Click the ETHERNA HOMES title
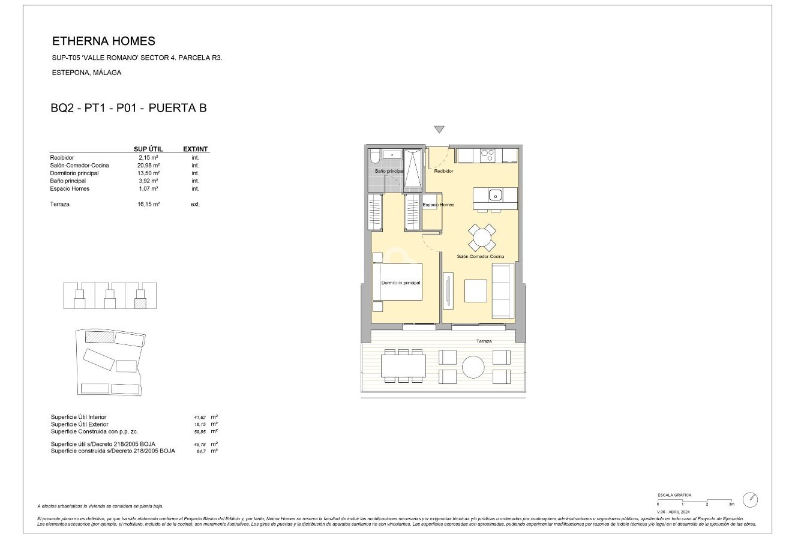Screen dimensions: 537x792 [x=104, y=41]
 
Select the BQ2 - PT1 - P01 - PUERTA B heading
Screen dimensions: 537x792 [x=129, y=109]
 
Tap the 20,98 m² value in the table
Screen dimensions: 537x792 [x=148, y=166]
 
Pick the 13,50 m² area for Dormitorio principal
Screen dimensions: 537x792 [x=148, y=173]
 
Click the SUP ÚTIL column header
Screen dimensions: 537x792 [x=148, y=149]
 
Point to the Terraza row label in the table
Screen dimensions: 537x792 [x=60, y=205]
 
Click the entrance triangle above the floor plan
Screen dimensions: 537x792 [x=439, y=130]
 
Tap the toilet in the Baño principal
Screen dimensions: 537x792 [x=375, y=157]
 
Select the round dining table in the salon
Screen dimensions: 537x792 [x=482, y=238]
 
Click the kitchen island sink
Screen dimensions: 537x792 [x=495, y=195]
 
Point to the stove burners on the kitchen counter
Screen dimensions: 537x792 [x=487, y=155]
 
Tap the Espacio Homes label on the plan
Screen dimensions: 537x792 [x=439, y=205]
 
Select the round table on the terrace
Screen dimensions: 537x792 [x=473, y=367]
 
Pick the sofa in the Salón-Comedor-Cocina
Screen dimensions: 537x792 [x=502, y=291]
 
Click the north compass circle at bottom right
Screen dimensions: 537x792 [x=750, y=500]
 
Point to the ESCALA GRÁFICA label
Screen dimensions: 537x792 [x=674, y=495]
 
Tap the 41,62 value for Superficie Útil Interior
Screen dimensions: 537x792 [x=196, y=417]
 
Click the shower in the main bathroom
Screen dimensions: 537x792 [x=413, y=168]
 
